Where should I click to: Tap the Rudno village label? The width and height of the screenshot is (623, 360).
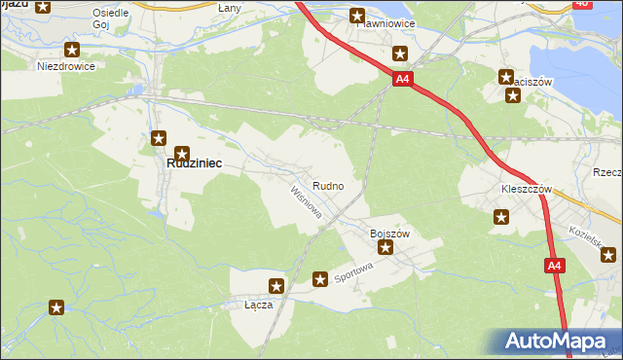click(x=326, y=185)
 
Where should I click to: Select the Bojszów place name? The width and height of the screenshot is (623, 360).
click(x=388, y=234)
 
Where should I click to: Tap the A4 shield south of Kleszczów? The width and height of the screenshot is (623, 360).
click(x=554, y=265)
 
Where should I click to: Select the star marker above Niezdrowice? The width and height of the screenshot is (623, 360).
click(x=71, y=49)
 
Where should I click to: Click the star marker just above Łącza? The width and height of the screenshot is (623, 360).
click(x=276, y=286)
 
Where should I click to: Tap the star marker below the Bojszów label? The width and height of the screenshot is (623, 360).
click(x=385, y=248)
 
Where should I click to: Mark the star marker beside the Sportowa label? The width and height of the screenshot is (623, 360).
click(x=319, y=280)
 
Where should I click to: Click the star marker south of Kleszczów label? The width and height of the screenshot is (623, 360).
click(x=500, y=218)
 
